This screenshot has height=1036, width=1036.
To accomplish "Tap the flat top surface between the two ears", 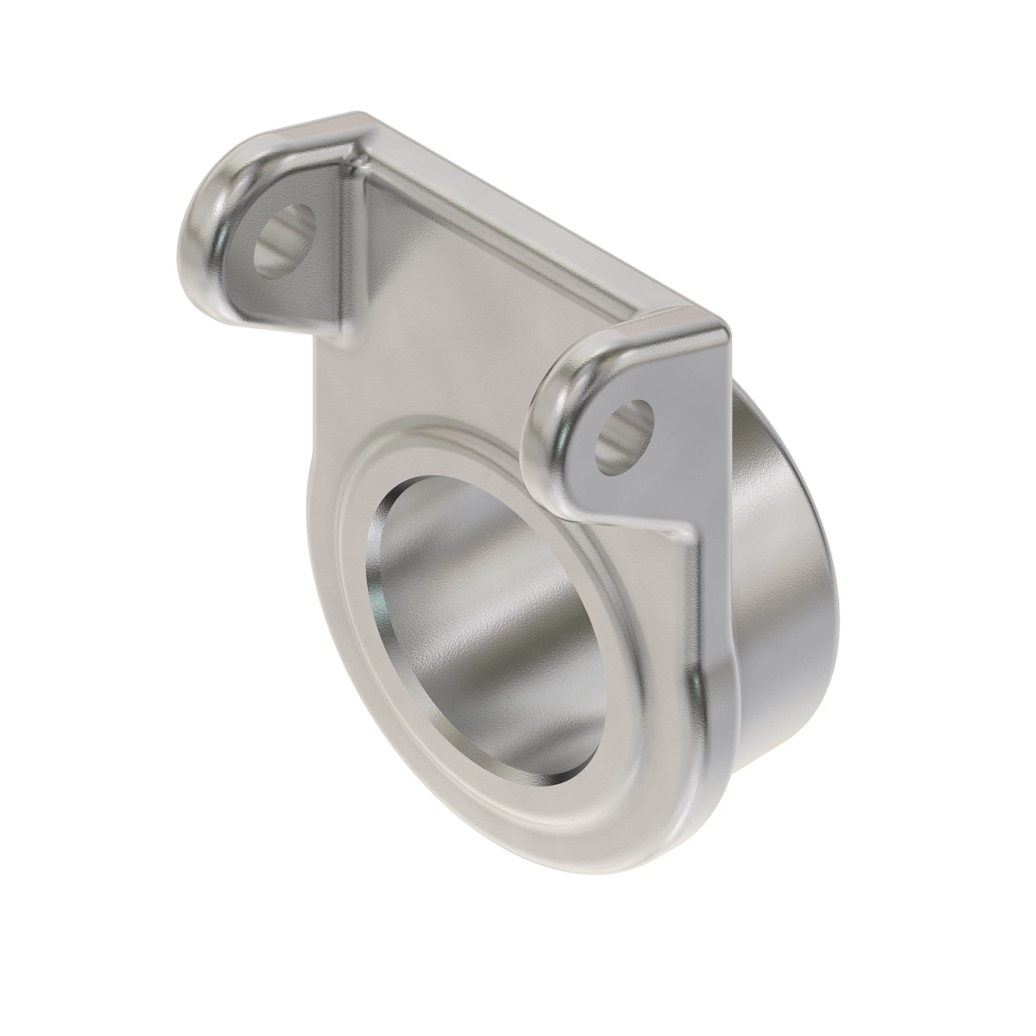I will point(518,259).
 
